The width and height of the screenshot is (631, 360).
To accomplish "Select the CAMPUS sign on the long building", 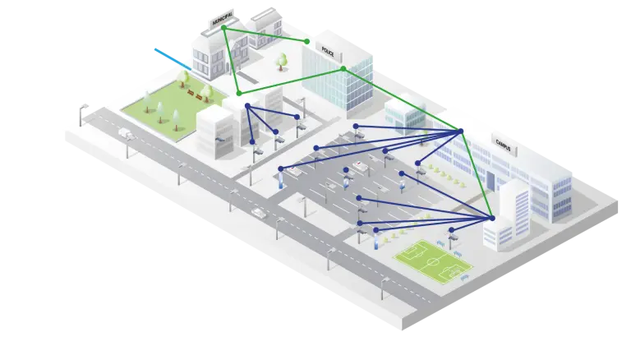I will coord(503,145).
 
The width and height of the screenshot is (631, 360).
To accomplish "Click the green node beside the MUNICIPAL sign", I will coord(223,28).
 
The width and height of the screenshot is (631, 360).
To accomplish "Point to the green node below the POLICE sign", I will coord(343,68).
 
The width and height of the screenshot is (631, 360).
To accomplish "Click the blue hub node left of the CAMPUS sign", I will coord(461,131).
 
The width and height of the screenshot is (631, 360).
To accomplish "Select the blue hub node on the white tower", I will coord(492,218).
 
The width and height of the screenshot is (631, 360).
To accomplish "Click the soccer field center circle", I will coord(431,258).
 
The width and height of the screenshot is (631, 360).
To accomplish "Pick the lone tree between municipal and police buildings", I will coord(282,60).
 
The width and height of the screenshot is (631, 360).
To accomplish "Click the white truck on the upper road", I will coord(126,132).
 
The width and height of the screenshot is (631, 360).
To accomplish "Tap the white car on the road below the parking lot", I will coord(260,213).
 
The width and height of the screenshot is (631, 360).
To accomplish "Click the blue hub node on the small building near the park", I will coord(247,105).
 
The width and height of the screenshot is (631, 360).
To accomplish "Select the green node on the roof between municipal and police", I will coord(307,41).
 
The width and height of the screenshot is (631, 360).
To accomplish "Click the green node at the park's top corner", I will coord(238,93).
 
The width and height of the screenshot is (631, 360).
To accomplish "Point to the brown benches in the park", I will coord(196,95).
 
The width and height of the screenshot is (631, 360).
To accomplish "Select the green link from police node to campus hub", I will coord(403,99).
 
